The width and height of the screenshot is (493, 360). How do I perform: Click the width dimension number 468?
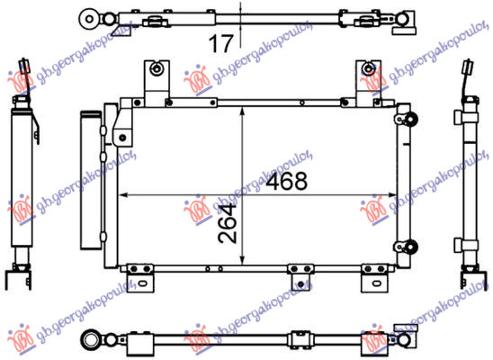(288, 181)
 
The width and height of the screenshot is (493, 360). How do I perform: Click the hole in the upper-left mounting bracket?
(158, 68)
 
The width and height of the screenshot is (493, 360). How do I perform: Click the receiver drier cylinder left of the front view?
(90, 180)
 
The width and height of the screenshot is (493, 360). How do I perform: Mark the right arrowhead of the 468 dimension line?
(393, 193)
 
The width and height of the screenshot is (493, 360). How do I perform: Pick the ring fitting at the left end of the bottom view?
(90, 338)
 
